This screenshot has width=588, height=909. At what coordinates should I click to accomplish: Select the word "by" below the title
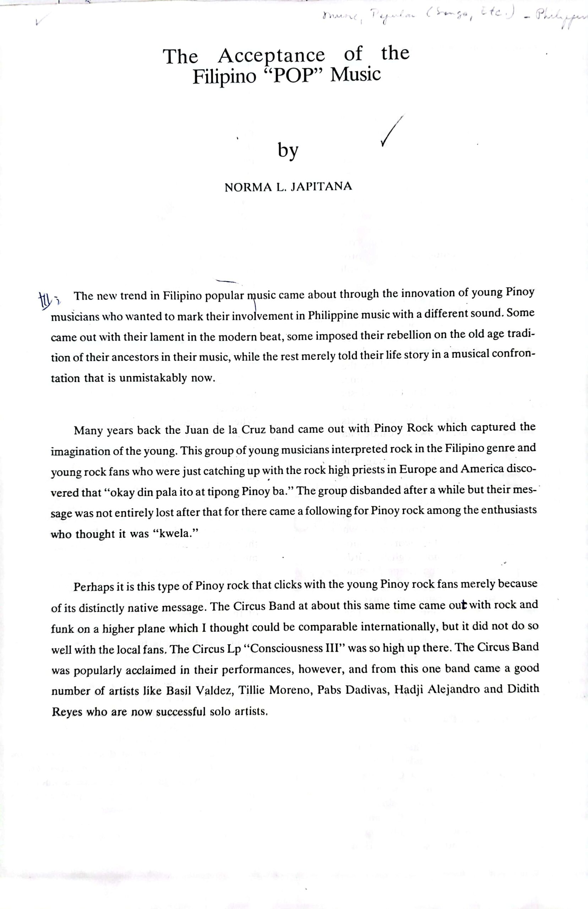point(288,151)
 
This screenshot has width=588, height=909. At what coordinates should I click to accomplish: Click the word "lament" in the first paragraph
point(165,337)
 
